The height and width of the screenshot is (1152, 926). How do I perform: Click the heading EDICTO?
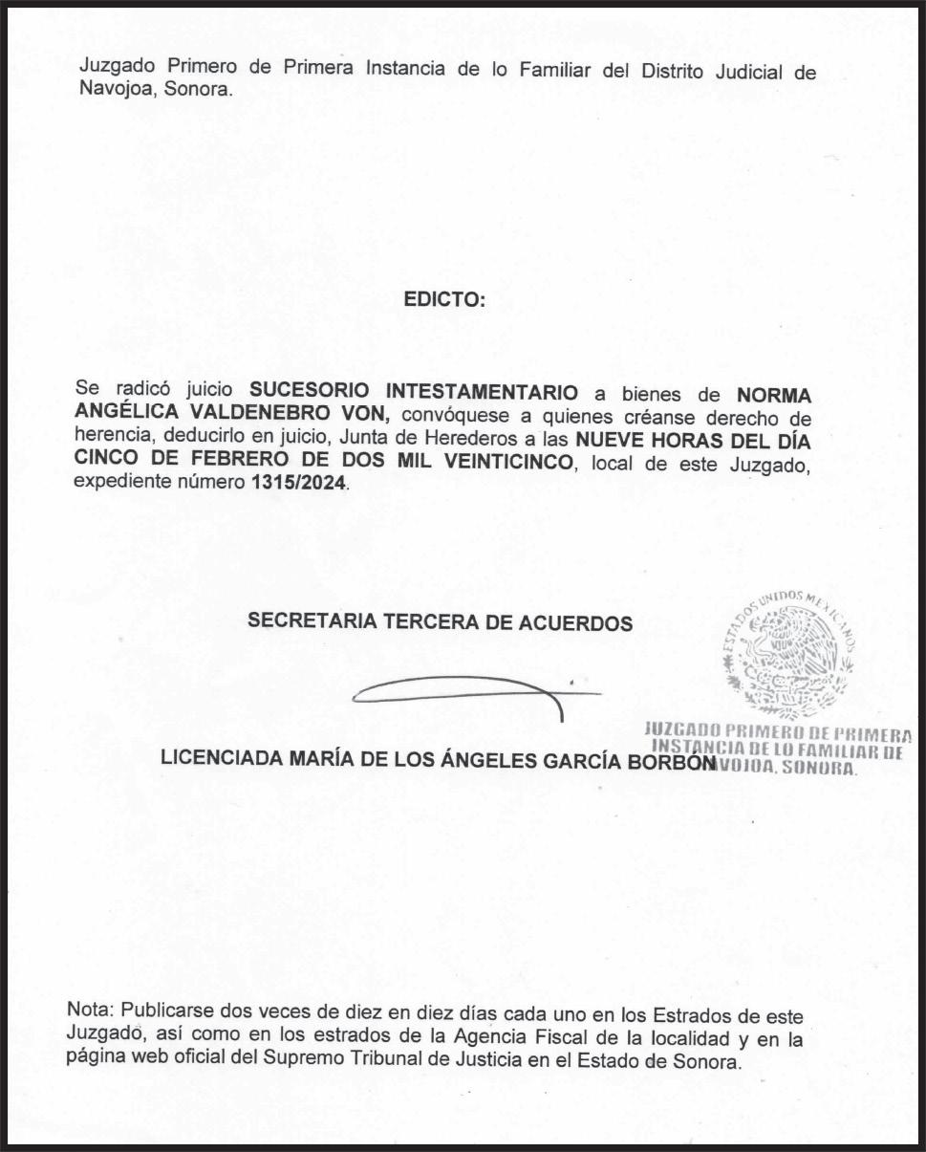point(444,299)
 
